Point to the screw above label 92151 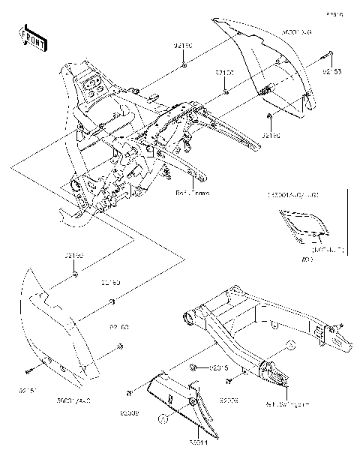(27, 371)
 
